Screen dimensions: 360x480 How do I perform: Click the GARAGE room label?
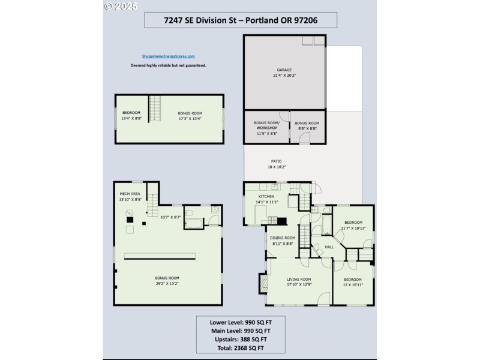click(284, 70)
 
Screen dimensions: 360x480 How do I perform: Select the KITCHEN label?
click(266, 197)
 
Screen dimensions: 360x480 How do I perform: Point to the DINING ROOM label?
click(281, 238)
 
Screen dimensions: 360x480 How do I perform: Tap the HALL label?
click(329, 246)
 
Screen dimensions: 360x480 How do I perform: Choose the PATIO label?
click(276, 161)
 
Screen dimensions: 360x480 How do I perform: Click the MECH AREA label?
click(130, 194)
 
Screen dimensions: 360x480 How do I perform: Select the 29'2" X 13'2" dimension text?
click(167, 284)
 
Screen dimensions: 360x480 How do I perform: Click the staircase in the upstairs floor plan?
click(155, 109)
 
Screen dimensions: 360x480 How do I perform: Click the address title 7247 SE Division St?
click(241, 20)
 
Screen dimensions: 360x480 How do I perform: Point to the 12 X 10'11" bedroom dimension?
click(352, 285)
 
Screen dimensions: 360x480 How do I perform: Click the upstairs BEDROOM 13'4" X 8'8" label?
click(131, 115)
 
